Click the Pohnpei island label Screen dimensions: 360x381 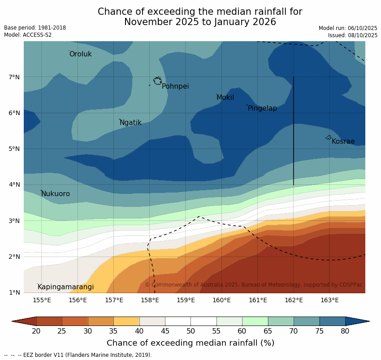175,86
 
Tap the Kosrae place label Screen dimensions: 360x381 343,141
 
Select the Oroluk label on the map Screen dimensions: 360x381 81,54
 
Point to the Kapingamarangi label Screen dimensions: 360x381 66,287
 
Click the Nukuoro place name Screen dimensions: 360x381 56,194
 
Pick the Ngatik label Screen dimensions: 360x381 130,123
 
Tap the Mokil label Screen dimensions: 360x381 225,98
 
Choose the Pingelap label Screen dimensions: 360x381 262,108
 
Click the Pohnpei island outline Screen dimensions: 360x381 157,81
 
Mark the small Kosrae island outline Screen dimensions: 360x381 329,137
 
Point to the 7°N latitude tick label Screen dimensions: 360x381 14,77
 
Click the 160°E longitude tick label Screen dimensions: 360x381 221,300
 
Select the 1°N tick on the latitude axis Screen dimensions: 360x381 14,293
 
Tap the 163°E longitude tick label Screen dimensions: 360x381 329,300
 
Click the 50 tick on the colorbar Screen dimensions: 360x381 190,331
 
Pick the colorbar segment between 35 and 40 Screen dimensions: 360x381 126,321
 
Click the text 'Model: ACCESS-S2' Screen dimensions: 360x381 28,35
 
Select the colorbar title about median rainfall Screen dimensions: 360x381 190,343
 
